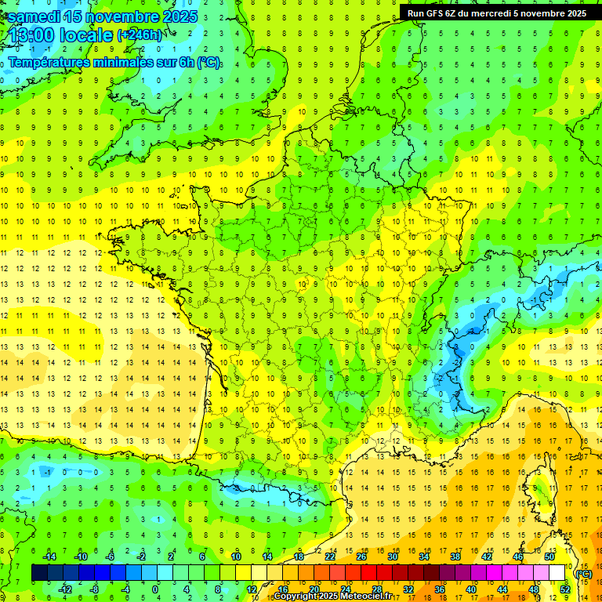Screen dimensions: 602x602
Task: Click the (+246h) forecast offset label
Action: pos(140,35)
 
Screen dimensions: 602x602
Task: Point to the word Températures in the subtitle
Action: pos(50,62)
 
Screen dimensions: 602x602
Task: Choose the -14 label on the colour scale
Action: pos(49,557)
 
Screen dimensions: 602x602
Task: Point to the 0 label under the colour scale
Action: pos(156,589)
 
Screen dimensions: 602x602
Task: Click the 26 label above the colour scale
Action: pos(361,557)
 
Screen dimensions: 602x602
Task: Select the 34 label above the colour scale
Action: pos(423,557)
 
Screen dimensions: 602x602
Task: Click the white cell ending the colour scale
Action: pos(557,573)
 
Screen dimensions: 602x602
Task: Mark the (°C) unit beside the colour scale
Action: pos(583,574)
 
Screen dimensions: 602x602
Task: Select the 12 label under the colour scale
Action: pos(251,589)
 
